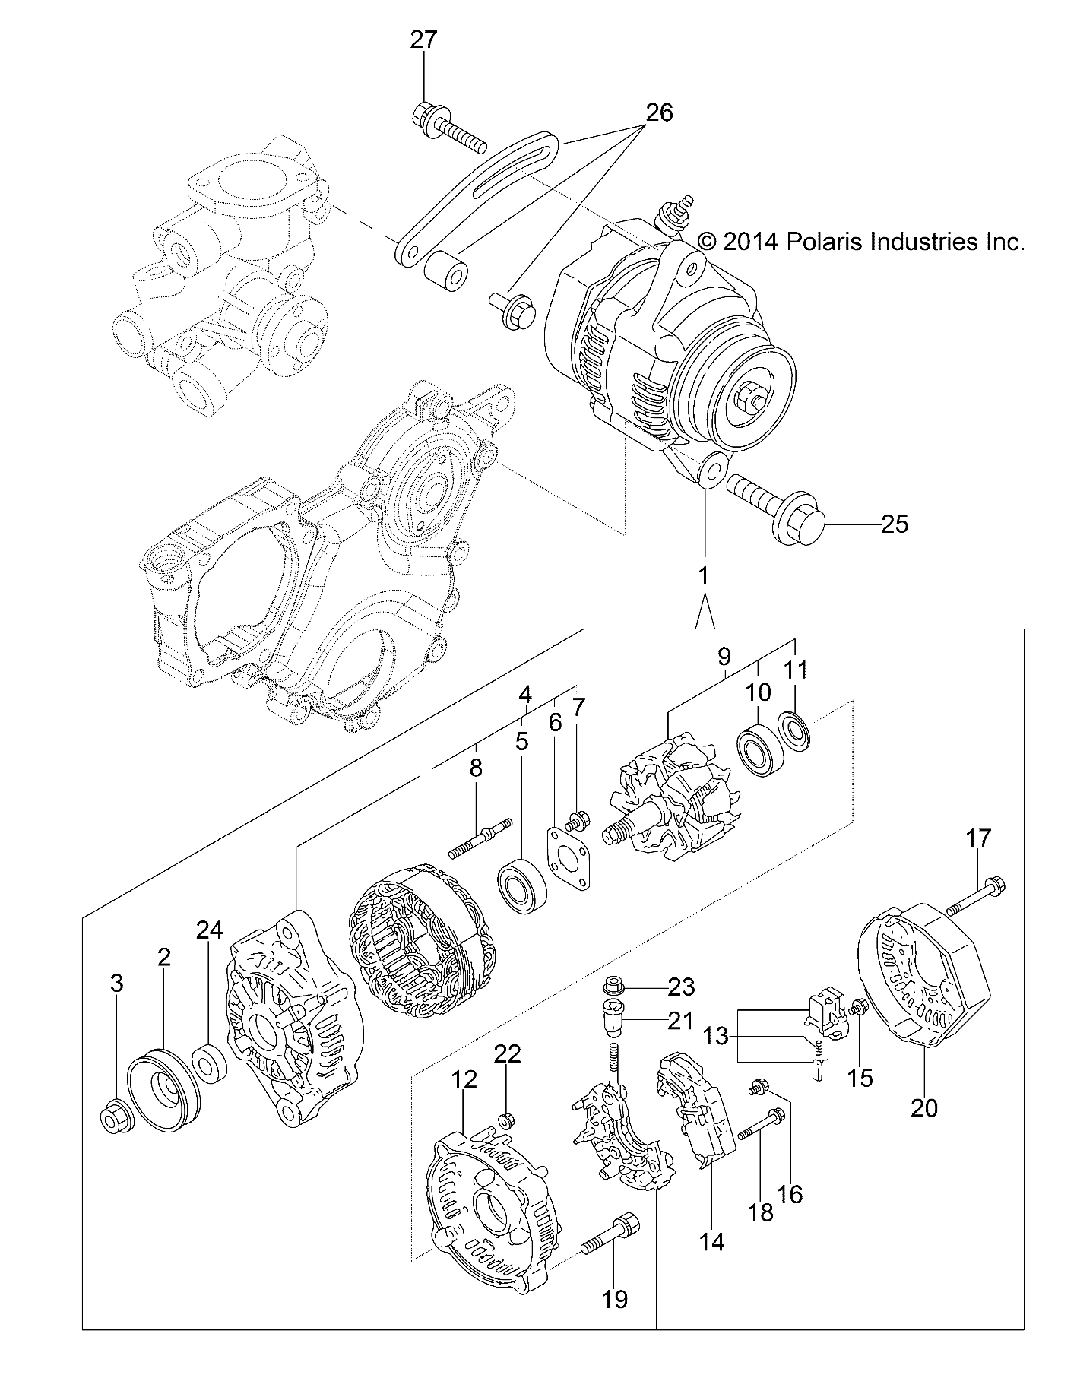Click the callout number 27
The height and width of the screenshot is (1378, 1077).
click(x=424, y=40)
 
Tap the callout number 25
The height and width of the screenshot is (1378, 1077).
click(x=895, y=524)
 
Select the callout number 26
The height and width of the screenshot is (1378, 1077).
click(x=659, y=112)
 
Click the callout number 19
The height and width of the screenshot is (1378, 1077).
click(x=615, y=1298)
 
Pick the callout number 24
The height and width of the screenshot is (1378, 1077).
click(x=210, y=930)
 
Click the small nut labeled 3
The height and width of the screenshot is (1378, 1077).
click(x=116, y=1117)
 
